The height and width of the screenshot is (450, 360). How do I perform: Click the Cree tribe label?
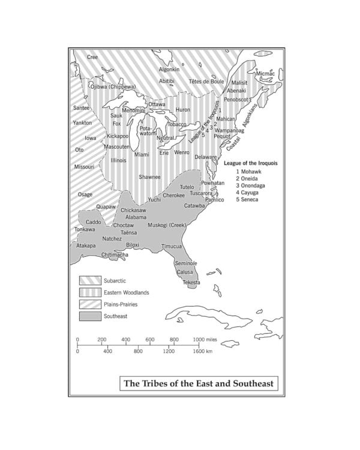92,57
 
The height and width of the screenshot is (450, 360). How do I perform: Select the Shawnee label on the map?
149,177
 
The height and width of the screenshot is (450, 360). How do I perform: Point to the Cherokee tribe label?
174,195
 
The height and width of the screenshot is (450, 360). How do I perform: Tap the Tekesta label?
192,281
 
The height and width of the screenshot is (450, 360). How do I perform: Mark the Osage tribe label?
85,194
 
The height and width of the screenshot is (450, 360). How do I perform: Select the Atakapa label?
86,245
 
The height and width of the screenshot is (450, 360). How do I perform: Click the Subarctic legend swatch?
88,281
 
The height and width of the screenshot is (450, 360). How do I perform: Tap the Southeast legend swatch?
88,316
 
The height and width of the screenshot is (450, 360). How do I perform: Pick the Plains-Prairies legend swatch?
88,304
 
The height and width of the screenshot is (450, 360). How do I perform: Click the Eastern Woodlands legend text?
126,293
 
